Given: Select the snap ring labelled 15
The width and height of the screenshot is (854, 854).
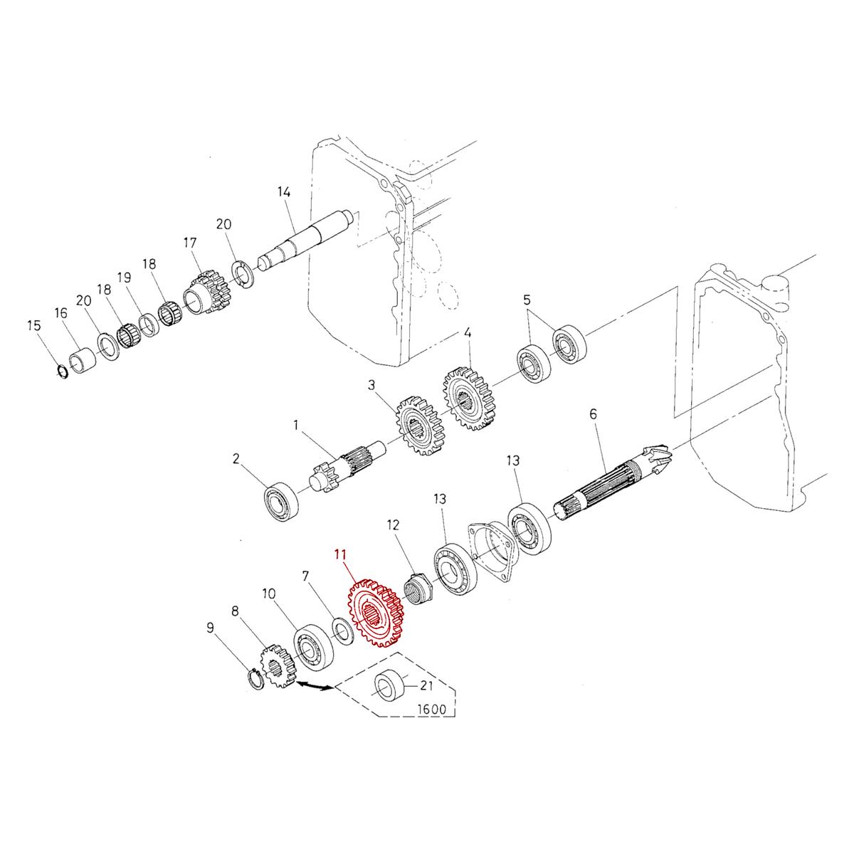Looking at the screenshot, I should point(62,371).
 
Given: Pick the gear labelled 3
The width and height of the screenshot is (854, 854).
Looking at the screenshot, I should point(419,426).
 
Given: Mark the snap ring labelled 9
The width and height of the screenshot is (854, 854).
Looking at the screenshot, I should point(255,678).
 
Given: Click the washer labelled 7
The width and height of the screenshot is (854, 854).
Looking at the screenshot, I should point(343,631).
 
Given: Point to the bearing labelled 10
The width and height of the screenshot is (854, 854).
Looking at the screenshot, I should point(311,646).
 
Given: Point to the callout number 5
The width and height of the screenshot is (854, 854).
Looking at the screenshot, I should point(527,297).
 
